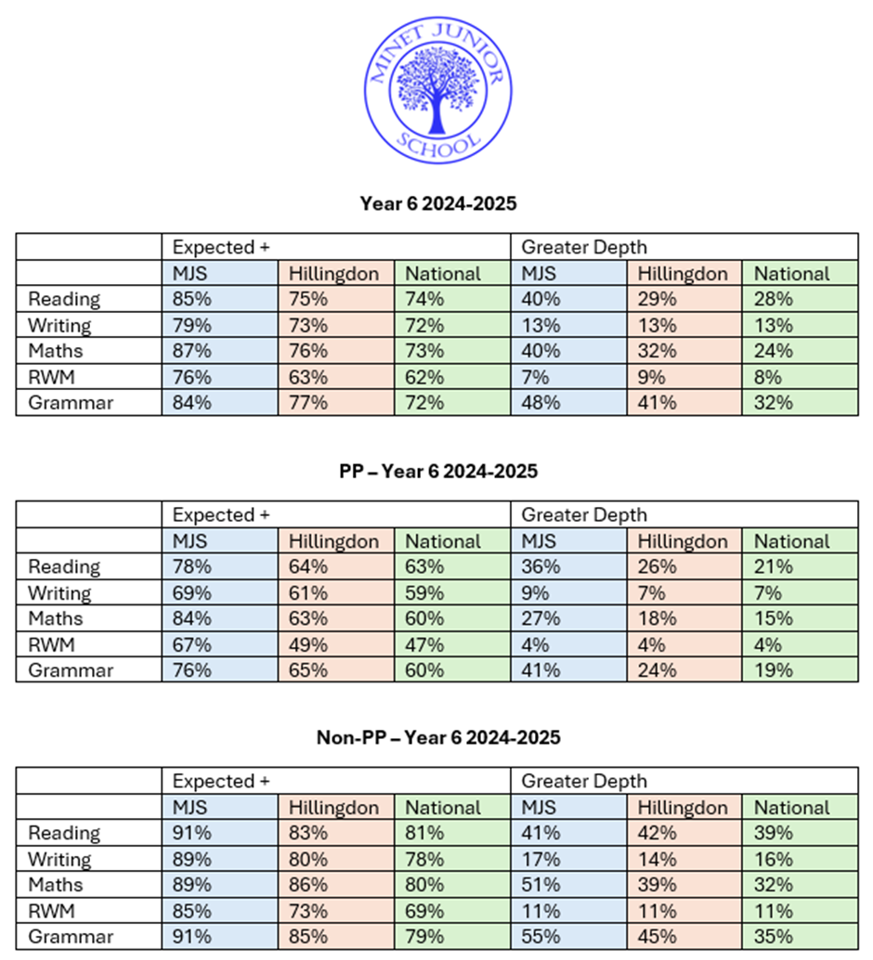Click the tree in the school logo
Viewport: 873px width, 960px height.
[436, 87]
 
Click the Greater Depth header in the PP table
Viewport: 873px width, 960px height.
[571, 514]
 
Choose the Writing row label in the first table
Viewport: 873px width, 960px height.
[60, 325]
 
